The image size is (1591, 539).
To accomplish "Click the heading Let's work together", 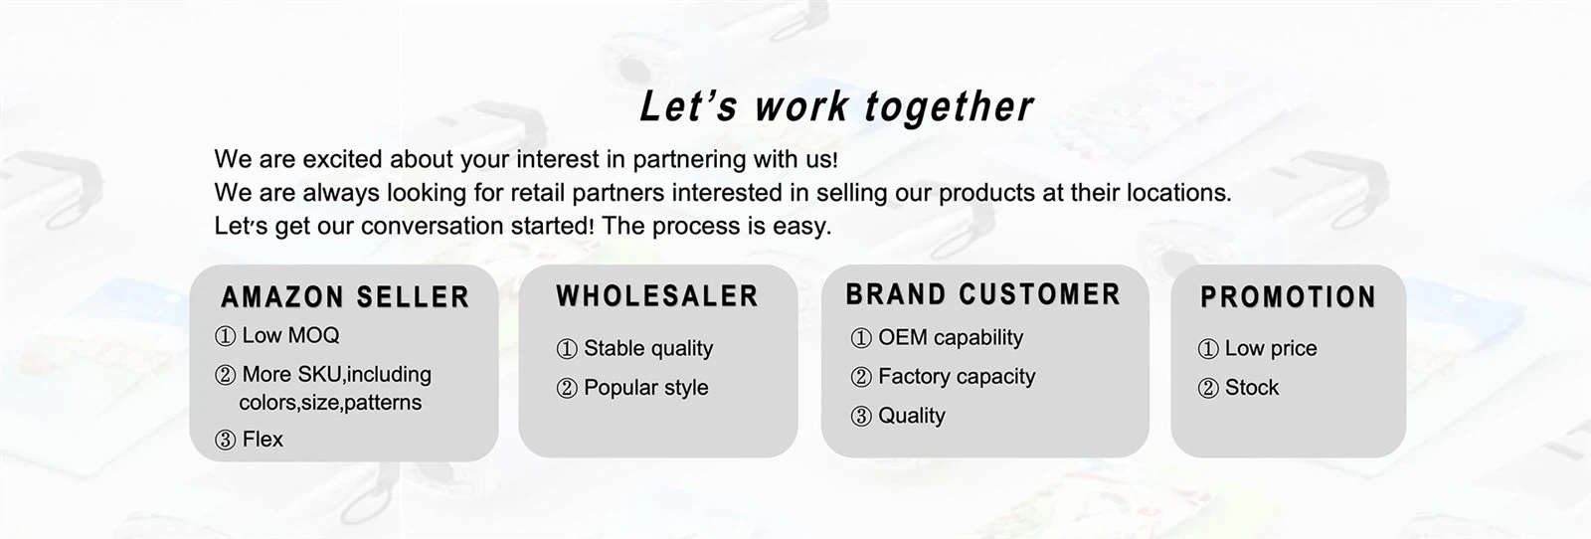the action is [836, 107].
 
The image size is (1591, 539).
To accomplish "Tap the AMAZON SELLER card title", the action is [345, 296].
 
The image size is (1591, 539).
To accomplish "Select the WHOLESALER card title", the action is [657, 296].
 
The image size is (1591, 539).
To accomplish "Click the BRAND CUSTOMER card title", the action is [983, 294].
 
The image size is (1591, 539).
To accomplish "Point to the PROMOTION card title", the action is [1289, 296].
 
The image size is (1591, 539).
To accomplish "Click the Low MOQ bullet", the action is [277, 335].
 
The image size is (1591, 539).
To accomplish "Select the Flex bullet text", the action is [263, 440].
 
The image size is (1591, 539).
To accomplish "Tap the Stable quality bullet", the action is [634, 348].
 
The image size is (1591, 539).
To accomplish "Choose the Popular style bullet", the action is [632, 387].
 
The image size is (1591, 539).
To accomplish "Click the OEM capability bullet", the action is [937, 337].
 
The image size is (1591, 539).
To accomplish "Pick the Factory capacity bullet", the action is [944, 376].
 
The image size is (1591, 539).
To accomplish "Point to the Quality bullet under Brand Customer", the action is [898, 416].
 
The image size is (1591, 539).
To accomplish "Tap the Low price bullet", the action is [1257, 348].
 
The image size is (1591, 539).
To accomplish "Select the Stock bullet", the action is [1238, 387].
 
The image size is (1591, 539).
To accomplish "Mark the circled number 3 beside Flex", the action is [225, 441].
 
